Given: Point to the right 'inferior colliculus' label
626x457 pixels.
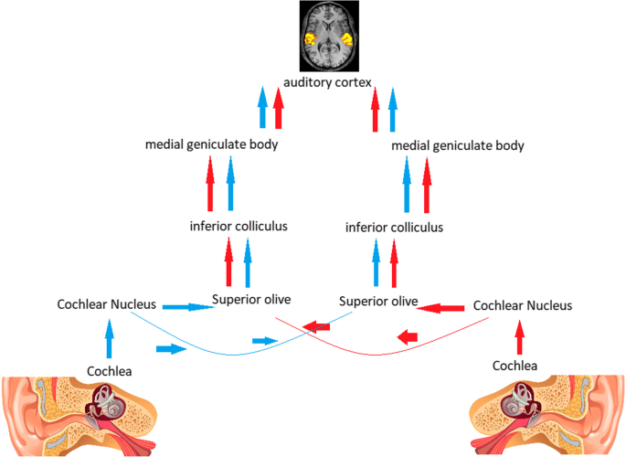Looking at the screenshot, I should click(395, 227).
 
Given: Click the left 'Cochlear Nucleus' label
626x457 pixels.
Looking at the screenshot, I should click(108, 303).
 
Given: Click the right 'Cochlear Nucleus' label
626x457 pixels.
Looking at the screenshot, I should click(523, 305).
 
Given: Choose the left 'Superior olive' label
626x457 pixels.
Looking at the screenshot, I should click(251, 298).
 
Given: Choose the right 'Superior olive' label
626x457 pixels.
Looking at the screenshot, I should click(378, 300).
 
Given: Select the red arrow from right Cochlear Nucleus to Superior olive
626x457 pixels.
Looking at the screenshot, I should click(442, 307).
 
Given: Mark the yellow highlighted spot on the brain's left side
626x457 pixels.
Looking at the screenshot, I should click(311, 40).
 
